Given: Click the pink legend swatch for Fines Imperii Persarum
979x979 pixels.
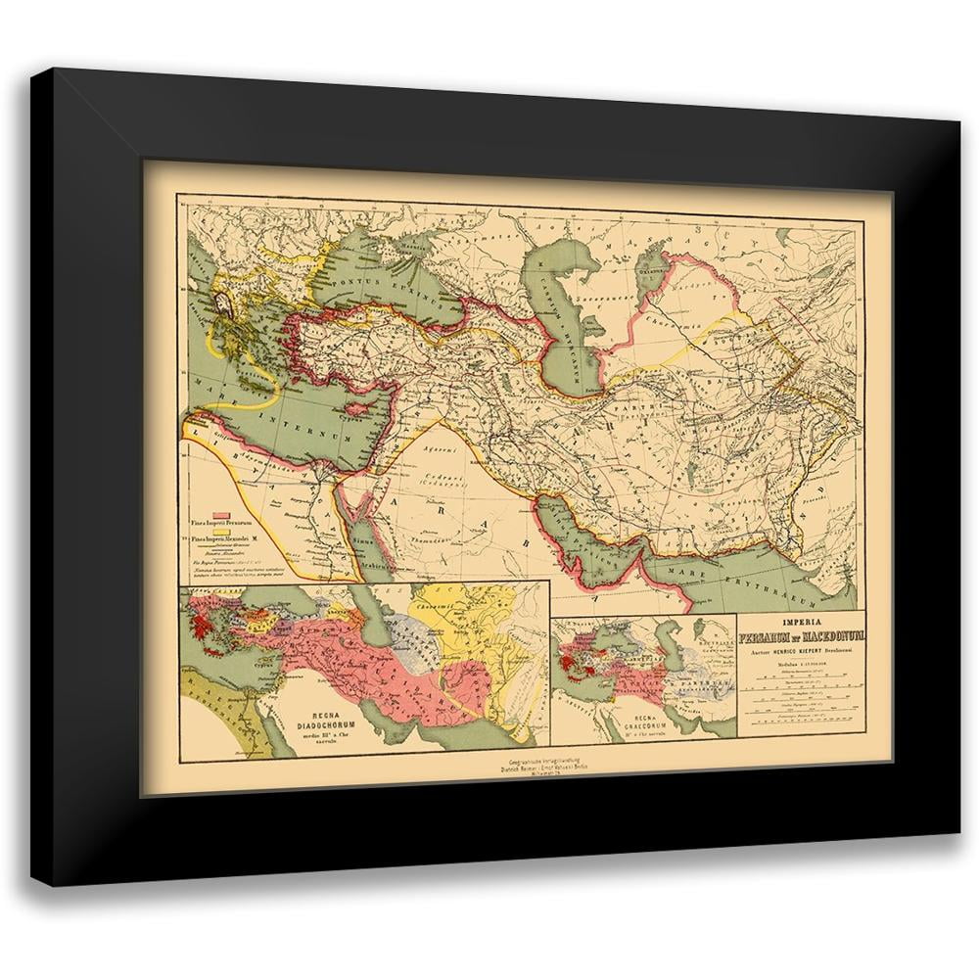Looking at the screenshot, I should pos(222,515).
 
